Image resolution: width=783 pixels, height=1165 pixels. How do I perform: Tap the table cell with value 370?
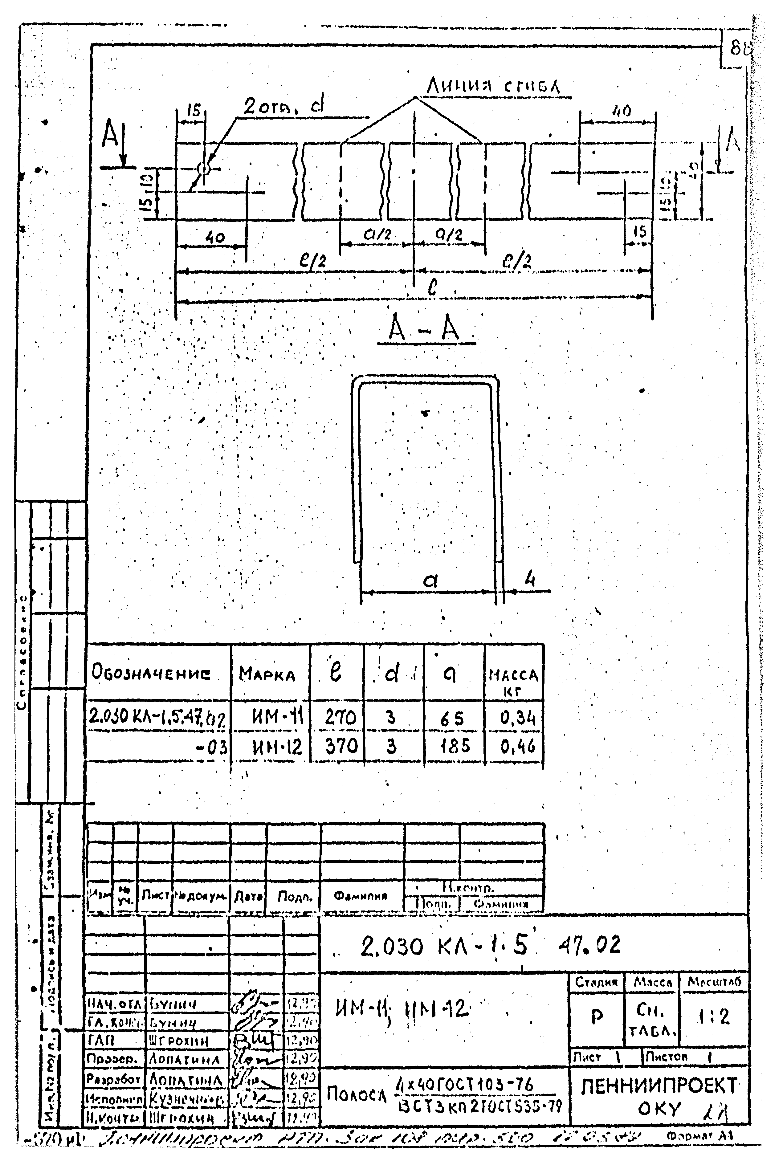[341, 747]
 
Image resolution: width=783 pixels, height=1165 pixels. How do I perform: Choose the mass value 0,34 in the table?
[518, 718]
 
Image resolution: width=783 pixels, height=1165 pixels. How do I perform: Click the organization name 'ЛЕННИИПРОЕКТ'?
[659, 1086]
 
